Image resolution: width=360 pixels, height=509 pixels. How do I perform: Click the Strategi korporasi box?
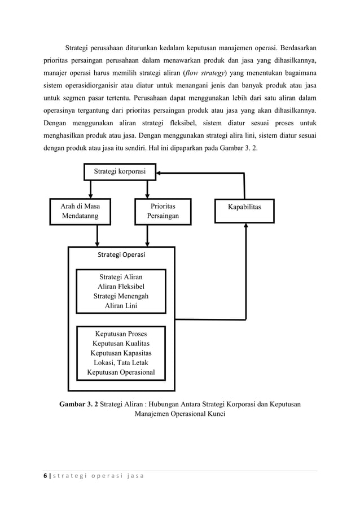120,171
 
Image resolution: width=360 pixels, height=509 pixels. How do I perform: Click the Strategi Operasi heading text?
121,255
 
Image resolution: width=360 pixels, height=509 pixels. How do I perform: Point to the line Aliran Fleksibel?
121,286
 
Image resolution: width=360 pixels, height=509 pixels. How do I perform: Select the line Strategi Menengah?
121,296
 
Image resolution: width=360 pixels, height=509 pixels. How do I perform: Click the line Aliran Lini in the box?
121,306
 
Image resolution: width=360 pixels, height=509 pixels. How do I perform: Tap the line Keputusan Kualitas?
121,343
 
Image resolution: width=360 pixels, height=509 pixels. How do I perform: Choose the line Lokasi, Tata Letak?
121,362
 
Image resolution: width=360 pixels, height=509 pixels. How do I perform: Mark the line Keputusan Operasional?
121,372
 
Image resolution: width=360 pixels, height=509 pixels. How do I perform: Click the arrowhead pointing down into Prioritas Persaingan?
147,195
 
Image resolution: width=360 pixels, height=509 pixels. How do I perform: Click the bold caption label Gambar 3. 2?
78,404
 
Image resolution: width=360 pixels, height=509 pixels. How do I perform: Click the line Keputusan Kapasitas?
121,353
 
